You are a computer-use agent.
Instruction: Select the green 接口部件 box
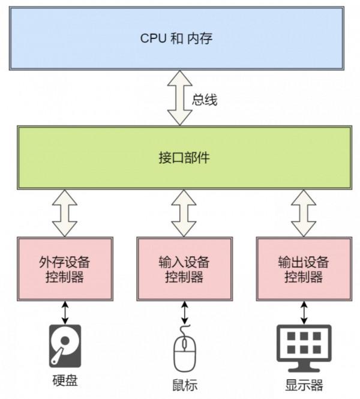179,158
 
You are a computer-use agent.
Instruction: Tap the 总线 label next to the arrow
205,100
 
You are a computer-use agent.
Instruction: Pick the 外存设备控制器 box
65,269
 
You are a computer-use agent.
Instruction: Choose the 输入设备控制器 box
184,269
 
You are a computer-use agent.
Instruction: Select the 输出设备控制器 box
304,269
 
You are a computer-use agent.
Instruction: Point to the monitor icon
304,347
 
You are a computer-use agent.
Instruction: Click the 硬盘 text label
64,381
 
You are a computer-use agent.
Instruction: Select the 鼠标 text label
184,385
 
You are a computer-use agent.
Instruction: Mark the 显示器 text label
304,385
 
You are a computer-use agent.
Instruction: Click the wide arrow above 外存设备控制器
65,213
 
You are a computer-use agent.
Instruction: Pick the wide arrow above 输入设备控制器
184,213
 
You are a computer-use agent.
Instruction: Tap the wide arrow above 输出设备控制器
304,213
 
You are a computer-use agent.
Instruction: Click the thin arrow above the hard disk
65,312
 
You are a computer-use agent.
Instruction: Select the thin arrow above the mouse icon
184,312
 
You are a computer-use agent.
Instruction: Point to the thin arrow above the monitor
304,312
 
